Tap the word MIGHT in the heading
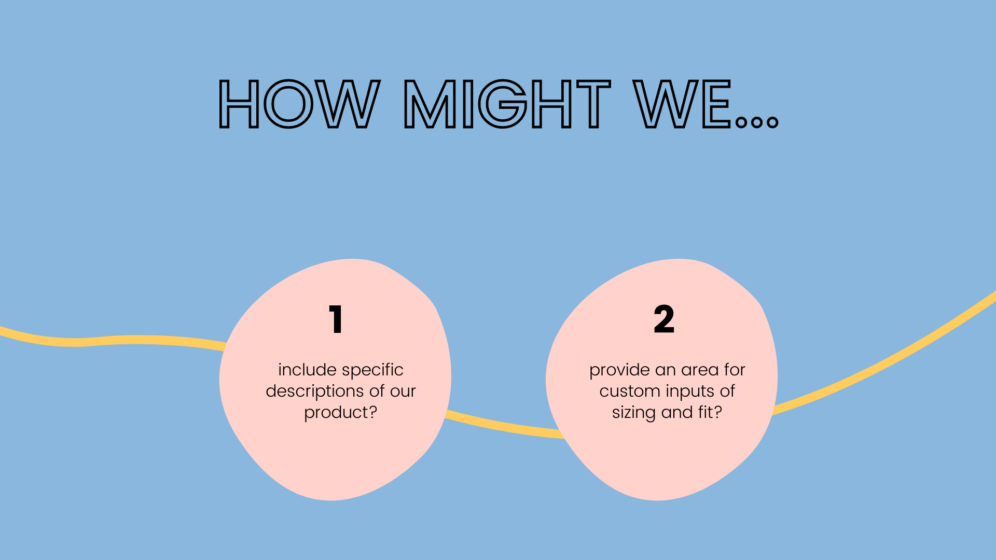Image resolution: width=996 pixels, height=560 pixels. tap(507, 104)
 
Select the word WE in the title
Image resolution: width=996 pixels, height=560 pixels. tap(682, 104)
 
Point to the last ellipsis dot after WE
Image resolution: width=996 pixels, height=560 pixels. tap(772, 122)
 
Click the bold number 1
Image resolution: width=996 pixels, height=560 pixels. tap(336, 319)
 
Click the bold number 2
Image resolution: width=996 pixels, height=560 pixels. tap(664, 319)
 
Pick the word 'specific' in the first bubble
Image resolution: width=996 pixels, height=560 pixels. tap(372, 370)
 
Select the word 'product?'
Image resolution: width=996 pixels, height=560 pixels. tap(340, 413)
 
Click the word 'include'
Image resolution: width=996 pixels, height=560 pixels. tap(308, 370)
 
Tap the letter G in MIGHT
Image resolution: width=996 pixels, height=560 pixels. tap(503, 104)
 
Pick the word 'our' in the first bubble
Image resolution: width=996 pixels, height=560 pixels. tap(403, 391)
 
